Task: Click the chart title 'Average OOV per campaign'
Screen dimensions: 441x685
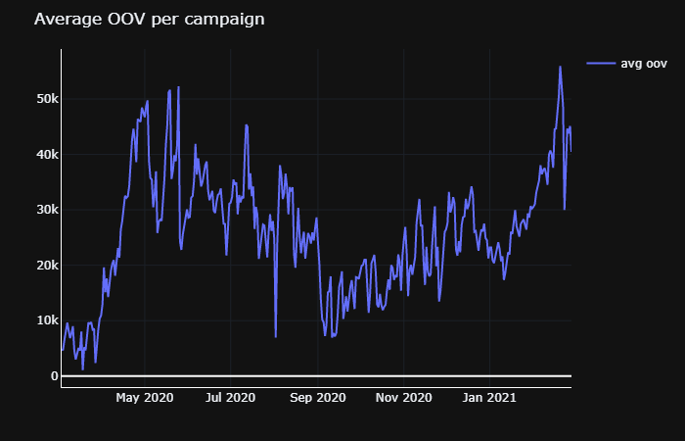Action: coord(149,20)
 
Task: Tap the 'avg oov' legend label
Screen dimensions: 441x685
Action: coord(644,64)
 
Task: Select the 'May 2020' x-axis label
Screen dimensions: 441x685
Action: coord(145,398)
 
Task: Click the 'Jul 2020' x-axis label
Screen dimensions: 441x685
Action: coord(231,398)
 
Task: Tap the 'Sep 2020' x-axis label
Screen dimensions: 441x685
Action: coord(318,398)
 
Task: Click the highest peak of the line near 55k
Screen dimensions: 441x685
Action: coord(560,67)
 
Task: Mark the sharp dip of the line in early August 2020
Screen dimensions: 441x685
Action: coord(276,336)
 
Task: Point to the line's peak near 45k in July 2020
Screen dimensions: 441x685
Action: coord(247,124)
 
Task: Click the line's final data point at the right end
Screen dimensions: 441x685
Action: coord(571,151)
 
